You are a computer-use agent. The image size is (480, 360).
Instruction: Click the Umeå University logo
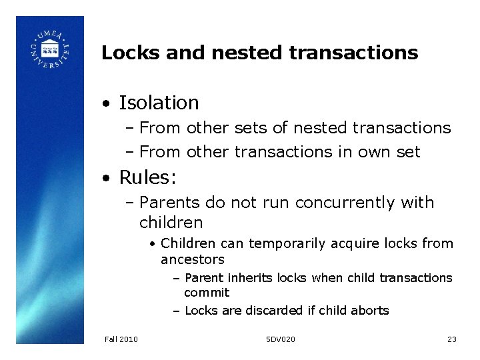(x=49, y=48)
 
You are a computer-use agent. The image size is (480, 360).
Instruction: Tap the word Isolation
(x=159, y=103)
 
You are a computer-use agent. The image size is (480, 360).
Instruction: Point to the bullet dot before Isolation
(x=106, y=103)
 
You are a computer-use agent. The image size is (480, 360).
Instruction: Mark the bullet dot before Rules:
(x=106, y=178)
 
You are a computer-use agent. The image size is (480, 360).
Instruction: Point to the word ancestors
(x=193, y=259)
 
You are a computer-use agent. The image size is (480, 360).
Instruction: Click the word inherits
(x=251, y=277)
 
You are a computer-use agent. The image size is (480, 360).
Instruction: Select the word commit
(x=207, y=293)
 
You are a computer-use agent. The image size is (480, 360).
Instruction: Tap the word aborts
(x=371, y=310)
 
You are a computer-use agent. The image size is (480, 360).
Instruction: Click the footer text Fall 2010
(x=121, y=339)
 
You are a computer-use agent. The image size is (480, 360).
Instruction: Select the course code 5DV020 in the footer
(x=280, y=339)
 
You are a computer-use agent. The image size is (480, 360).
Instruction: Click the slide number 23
(x=451, y=339)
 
